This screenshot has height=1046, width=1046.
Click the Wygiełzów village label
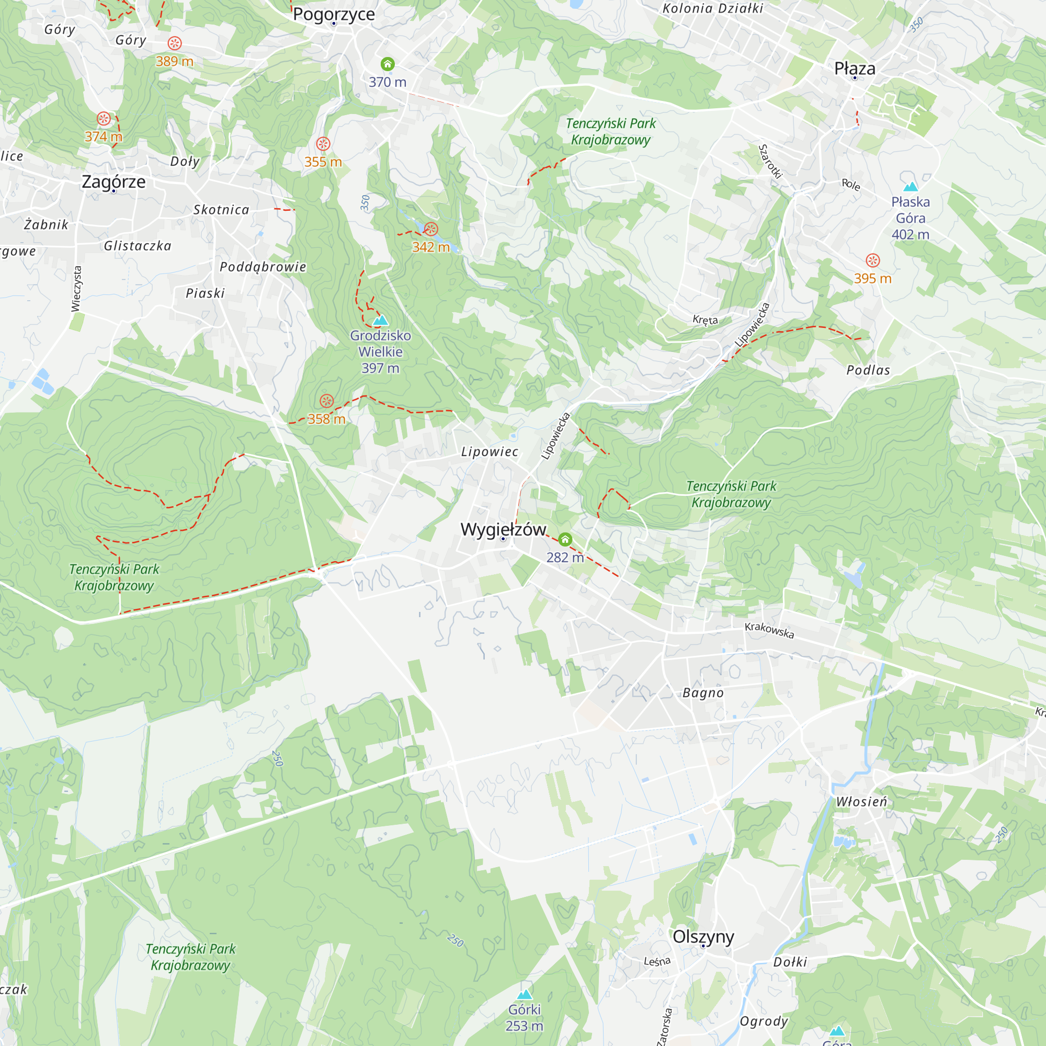(x=503, y=529)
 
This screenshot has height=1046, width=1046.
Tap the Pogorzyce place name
(x=334, y=14)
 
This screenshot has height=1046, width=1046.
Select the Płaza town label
(x=855, y=68)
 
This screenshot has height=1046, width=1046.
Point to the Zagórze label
(x=113, y=181)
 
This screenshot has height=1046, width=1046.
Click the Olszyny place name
(x=703, y=936)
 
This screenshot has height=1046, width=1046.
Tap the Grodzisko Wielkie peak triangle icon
(x=381, y=320)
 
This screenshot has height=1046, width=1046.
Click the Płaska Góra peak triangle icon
(x=911, y=187)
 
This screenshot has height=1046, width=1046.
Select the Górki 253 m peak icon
(x=524, y=995)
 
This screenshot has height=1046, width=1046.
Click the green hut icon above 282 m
(x=565, y=539)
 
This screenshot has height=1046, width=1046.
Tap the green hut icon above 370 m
(x=387, y=64)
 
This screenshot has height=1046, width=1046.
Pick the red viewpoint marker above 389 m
(x=174, y=43)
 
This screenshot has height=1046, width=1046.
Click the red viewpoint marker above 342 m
(x=431, y=229)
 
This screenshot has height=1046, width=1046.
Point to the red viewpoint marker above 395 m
(x=873, y=260)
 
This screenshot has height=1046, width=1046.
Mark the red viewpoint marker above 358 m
(x=326, y=401)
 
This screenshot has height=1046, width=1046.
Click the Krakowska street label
(x=769, y=630)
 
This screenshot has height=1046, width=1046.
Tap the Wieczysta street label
(x=76, y=289)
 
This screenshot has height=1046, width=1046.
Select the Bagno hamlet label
(x=703, y=693)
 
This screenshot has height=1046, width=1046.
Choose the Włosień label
(x=861, y=802)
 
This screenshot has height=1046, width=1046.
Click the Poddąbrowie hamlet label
(x=263, y=266)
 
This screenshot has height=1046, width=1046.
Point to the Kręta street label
(x=705, y=320)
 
